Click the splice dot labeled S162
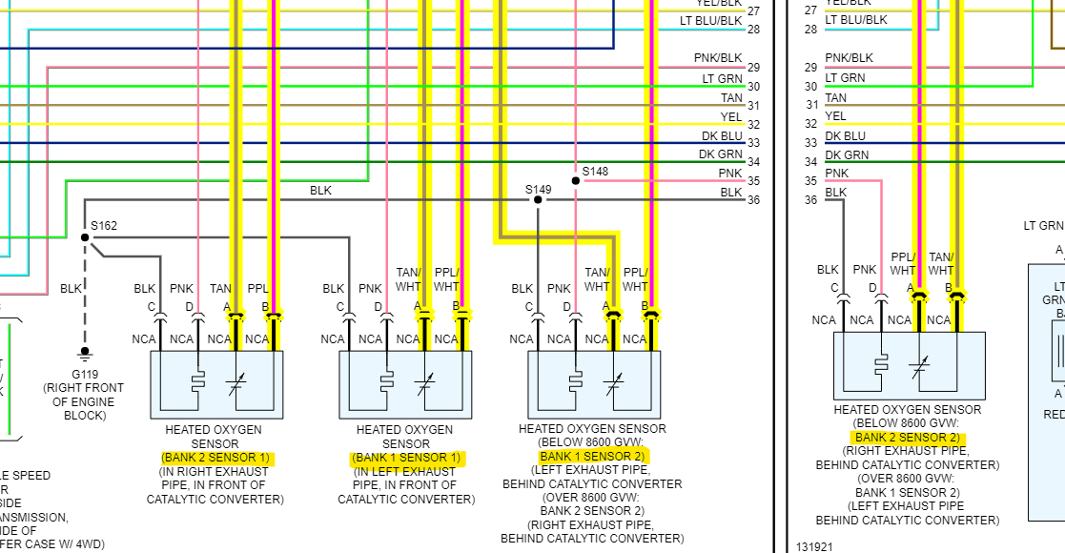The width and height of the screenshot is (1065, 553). tap(85, 236)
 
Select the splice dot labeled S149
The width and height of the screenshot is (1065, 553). tap(538, 200)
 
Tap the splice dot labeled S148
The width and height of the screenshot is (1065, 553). tap(575, 180)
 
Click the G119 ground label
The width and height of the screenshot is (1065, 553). tap(85, 375)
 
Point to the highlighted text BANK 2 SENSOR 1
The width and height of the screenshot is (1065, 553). tap(216, 458)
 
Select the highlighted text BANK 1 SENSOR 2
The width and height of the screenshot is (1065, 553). tap(592, 457)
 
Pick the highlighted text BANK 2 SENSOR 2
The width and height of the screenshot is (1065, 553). tap(907, 438)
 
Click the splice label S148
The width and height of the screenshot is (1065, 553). tap(595, 172)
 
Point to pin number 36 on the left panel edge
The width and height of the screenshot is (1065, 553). tap(753, 200)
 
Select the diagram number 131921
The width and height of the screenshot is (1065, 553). tap(815, 547)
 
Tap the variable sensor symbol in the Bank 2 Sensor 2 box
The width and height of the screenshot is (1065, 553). tap(920, 367)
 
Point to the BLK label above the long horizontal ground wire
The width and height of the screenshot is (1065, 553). tap(320, 191)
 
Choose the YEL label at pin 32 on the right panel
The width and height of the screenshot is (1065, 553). tap(835, 116)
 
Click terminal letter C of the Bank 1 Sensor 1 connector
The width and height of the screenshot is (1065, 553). tap(340, 307)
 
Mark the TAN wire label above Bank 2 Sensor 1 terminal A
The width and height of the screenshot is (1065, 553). tap(220, 288)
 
